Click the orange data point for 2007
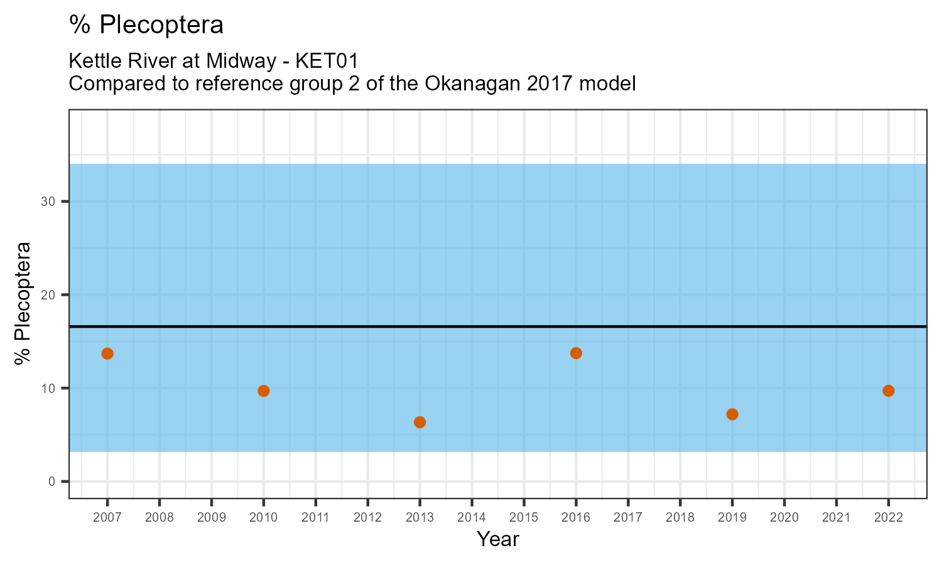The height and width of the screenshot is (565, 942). [x=107, y=353]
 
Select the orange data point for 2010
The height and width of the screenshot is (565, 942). [x=264, y=391]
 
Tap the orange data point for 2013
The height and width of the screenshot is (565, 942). [x=420, y=422]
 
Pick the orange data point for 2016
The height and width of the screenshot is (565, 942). [x=576, y=353]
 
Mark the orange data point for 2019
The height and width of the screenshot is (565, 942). [x=732, y=414]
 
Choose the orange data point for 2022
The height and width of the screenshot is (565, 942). [x=888, y=391]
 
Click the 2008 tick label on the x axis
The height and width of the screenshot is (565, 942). [x=160, y=518]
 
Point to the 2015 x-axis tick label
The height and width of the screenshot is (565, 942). [x=524, y=518]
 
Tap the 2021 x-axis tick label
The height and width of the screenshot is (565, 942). [x=836, y=518]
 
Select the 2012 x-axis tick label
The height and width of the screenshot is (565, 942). [x=367, y=518]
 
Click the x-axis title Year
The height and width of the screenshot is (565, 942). [x=497, y=539]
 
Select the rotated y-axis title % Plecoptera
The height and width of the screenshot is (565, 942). [x=23, y=303]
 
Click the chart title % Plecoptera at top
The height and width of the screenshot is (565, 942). [x=146, y=25]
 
